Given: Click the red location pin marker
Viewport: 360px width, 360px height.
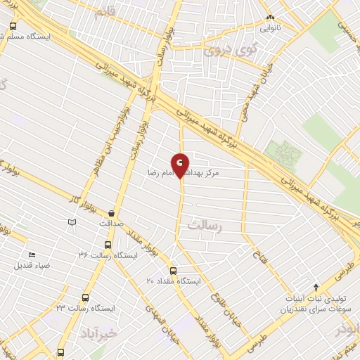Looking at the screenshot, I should [x=181, y=165].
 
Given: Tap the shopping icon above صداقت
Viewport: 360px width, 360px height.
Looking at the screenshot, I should [x=111, y=212].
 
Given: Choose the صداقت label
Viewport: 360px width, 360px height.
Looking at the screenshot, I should [x=111, y=223].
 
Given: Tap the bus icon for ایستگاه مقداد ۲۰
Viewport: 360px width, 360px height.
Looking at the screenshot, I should [x=173, y=270].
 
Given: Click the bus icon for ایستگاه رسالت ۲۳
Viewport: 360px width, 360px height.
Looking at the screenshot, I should [x=86, y=297].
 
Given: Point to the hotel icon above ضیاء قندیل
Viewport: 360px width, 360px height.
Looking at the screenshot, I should [x=31, y=255].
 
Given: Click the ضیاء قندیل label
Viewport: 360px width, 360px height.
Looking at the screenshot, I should [x=31, y=266].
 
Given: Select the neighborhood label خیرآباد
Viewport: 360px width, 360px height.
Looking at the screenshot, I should [x=97, y=330].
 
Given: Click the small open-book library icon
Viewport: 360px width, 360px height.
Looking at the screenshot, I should [x=71, y=223].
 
